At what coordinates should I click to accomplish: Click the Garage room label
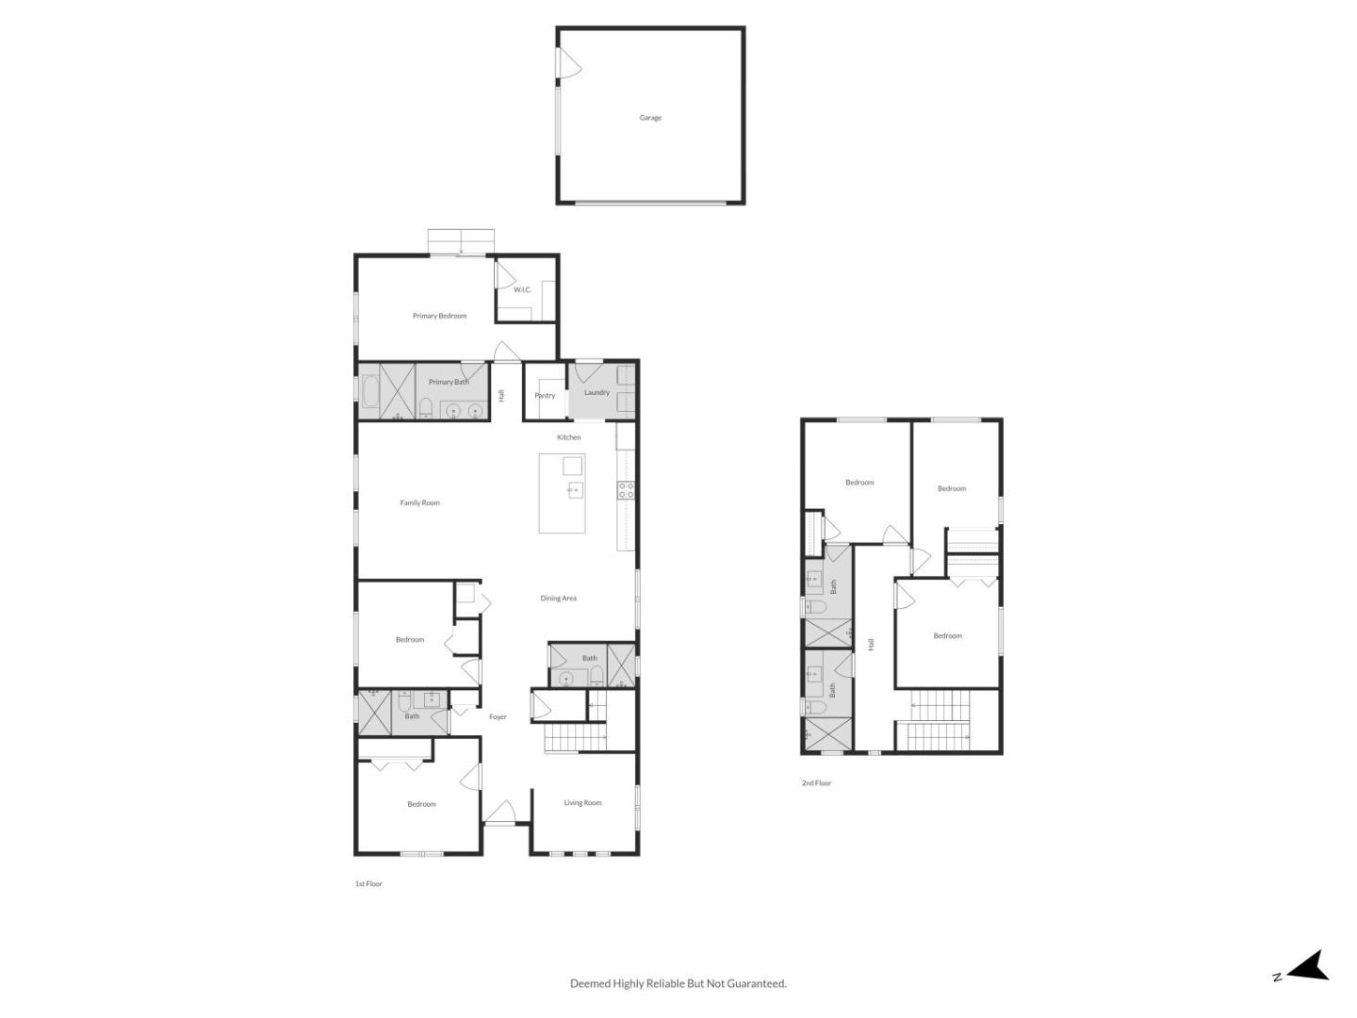[x=650, y=118]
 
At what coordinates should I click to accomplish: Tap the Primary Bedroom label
[x=439, y=316]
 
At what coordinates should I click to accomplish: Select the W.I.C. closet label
[x=522, y=289]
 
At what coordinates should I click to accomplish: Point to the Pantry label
[x=545, y=396]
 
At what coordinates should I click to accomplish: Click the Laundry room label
[x=597, y=392]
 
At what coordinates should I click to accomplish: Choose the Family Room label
[x=419, y=503]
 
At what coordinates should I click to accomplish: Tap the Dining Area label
[x=558, y=599]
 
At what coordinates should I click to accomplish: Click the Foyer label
[x=498, y=717]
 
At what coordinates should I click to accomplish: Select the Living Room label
[x=582, y=803]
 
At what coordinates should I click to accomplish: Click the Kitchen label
[x=568, y=437]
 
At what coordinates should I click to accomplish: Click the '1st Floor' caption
[x=368, y=884]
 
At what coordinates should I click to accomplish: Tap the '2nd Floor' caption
[x=816, y=783]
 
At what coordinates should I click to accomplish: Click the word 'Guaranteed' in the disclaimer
[x=753, y=984]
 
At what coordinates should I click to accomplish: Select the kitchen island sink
[x=575, y=490]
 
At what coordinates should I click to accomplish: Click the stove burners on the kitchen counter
[x=626, y=490]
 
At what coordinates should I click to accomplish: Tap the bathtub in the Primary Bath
[x=368, y=391]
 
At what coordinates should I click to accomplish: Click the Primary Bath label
[x=449, y=382]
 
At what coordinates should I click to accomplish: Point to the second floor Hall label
[x=872, y=645]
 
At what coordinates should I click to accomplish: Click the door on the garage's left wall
[x=568, y=65]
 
